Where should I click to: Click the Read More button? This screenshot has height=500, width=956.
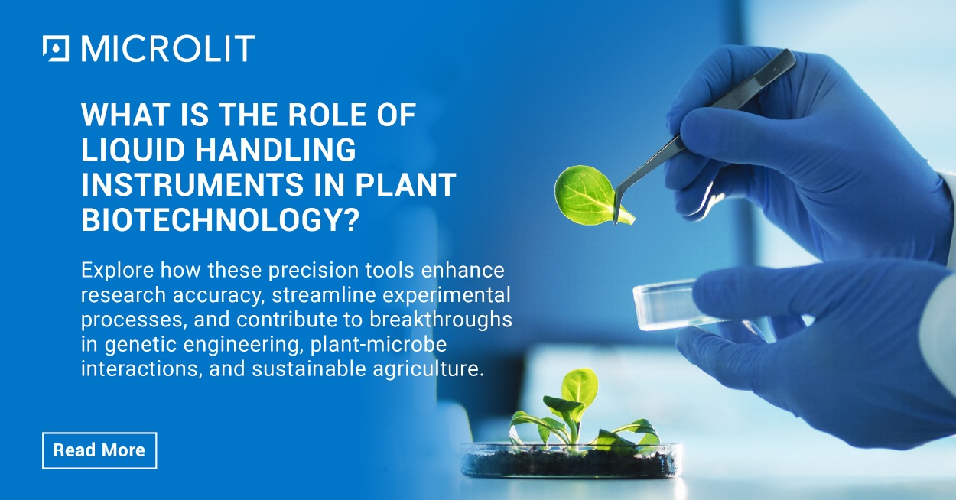(99, 450)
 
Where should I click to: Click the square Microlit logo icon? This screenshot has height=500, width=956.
(56, 49)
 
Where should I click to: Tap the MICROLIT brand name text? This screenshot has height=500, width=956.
(167, 49)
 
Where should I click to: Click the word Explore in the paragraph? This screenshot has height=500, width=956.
(112, 271)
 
